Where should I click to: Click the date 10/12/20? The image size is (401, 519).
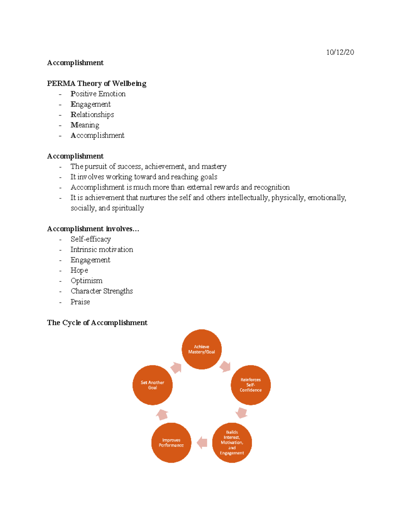pos(340,52)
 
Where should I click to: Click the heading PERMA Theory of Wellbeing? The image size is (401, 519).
pos(97,83)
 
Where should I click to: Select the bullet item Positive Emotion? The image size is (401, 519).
pos(98,94)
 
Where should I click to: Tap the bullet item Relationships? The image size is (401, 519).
pos(92,115)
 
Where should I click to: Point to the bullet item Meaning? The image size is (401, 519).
pos(85,125)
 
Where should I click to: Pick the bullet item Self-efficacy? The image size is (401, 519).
pos(91,239)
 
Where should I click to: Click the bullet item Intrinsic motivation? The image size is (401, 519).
pos(102,250)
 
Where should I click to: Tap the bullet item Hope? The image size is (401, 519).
pos(79,270)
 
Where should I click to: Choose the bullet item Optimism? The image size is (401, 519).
pos(87,281)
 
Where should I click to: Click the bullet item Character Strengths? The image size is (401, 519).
pos(102,291)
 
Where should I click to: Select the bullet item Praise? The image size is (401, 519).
pos(80,302)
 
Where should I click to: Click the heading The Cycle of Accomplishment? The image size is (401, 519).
pos(97,322)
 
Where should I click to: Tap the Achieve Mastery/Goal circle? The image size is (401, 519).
pos(202,349)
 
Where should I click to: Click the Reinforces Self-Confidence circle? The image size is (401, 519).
pos(251,385)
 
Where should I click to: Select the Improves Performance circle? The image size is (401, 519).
pos(171,442)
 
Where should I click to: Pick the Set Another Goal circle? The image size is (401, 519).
pos(152,385)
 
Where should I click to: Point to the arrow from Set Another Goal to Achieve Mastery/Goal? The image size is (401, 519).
pos(176,368)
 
